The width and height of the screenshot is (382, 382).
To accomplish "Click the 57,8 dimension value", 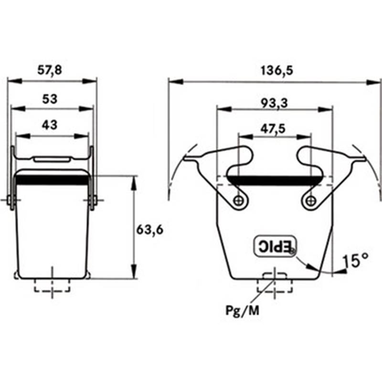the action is tap(50, 70).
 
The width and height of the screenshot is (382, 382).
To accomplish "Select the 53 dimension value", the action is tap(50, 99).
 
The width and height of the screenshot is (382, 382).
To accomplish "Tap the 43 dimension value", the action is tap(50, 125).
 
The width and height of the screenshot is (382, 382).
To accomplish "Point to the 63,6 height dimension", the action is tap(149, 230).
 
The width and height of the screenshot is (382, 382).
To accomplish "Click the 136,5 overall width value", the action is tap(277, 70).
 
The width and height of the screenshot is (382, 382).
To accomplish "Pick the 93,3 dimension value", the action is tap(274, 103).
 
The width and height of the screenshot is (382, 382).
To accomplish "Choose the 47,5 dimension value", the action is tap(273, 128).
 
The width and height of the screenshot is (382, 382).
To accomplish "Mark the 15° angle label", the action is tap(355, 260).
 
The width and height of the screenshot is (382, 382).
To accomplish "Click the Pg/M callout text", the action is tap(243, 311).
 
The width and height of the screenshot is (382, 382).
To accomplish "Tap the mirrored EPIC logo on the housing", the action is tap(276, 246).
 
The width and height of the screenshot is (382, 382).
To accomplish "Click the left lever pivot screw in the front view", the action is tap(237, 201).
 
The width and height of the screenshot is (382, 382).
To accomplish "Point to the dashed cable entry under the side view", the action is tap(52, 285).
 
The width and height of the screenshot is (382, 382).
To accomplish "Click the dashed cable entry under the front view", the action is tap(275, 285).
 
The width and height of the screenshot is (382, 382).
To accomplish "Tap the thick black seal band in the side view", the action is tap(52, 180).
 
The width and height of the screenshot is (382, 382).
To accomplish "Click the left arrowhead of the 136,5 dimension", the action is tap(175, 82).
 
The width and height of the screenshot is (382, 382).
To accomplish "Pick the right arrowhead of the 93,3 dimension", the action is tap(325, 109).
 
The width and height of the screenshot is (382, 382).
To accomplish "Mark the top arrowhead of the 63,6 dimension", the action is tap(133, 183).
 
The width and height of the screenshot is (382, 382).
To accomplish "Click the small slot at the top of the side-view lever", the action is tap(52, 159).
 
